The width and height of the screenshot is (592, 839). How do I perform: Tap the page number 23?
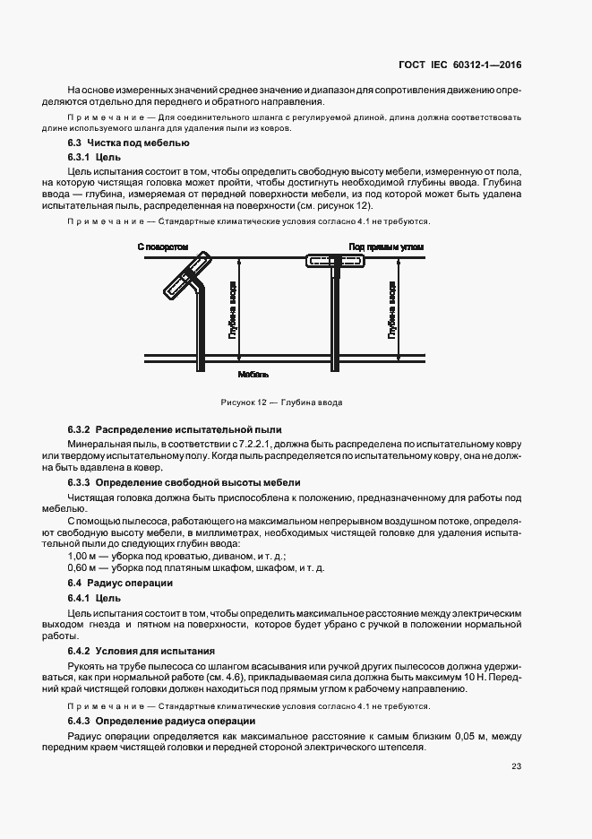pyautogui.click(x=517, y=766)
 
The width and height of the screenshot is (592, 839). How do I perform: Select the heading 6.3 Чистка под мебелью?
pyautogui.click(x=128, y=143)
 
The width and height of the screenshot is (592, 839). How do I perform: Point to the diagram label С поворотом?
pyautogui.click(x=163, y=246)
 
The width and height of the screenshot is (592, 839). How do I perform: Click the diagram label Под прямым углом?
pyautogui.click(x=386, y=246)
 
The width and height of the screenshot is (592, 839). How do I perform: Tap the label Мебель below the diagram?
pyautogui.click(x=253, y=374)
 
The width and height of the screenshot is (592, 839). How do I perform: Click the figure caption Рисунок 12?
pyautogui.click(x=281, y=402)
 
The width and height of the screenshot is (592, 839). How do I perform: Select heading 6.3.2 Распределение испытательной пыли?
pyautogui.click(x=175, y=430)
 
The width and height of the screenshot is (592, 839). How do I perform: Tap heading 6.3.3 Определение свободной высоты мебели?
pyautogui.click(x=184, y=481)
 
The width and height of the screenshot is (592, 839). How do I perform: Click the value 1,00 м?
pyautogui.click(x=82, y=556)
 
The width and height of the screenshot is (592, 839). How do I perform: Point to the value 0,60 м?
pyautogui.click(x=82, y=568)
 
